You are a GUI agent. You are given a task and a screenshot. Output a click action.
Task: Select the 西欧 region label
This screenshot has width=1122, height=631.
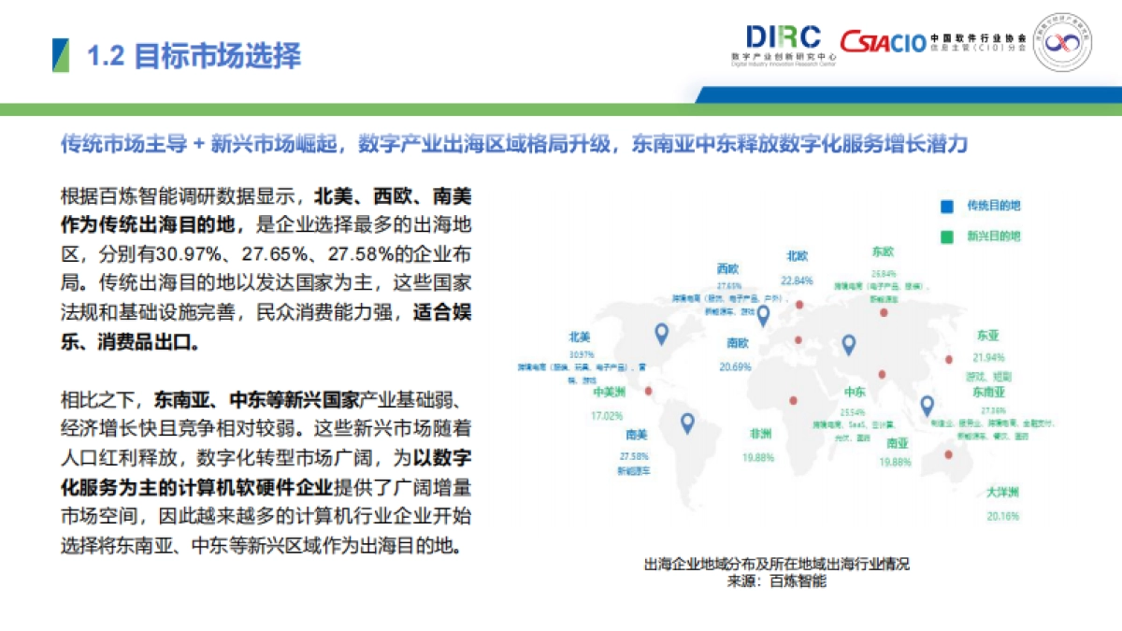coord(729,268)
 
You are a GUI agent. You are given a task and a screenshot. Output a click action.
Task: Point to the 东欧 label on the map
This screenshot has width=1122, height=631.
coord(883,251)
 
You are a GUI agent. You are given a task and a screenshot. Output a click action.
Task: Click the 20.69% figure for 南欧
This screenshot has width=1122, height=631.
coord(736,366)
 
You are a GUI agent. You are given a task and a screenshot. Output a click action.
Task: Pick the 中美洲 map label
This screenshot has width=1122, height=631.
coord(608,394)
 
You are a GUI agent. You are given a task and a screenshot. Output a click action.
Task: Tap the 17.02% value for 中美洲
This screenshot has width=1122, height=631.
coord(607,415)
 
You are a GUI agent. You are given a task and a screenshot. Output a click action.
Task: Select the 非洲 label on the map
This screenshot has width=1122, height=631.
coord(758,435)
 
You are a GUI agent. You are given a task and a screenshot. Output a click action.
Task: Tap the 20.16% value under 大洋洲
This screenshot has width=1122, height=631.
coord(1002,516)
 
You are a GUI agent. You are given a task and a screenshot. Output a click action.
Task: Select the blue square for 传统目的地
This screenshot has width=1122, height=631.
coord(946,206)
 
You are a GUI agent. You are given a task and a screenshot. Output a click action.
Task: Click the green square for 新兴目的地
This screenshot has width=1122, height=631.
coord(946,236)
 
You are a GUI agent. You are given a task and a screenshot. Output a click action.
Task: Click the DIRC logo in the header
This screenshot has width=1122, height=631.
coord(784,37)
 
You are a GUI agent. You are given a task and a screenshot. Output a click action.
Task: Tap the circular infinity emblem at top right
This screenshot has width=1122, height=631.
coord(1061,43)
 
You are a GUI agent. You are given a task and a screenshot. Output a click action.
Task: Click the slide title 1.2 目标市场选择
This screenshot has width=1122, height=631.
coord(194,56)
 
